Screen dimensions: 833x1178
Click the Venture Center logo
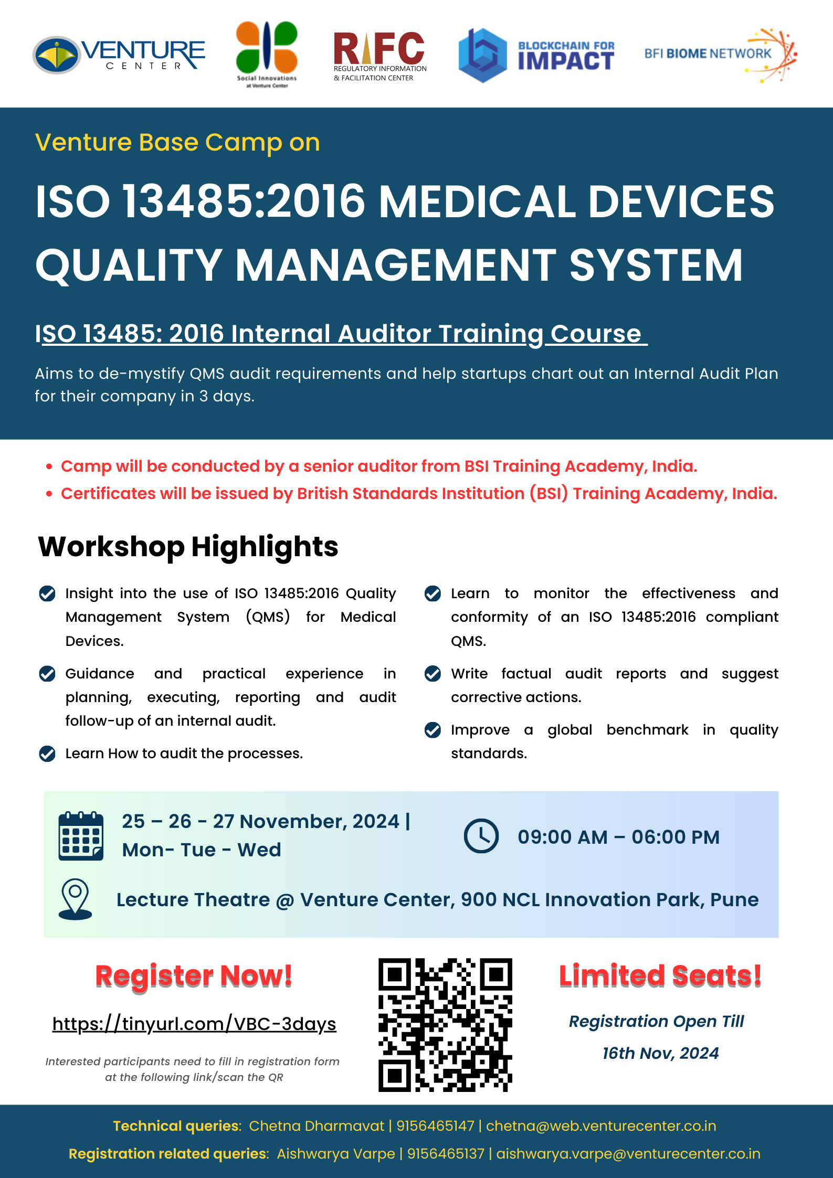119,55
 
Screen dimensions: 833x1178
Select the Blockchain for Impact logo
536,56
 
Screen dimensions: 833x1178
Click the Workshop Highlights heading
188,546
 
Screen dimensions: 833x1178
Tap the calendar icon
81,835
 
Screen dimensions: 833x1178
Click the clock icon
481,836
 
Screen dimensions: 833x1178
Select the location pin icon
76,899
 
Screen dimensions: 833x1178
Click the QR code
445,1025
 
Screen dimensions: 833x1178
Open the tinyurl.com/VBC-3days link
194,1024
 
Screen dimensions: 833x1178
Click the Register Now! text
194,977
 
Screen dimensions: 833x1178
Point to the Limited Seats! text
660,976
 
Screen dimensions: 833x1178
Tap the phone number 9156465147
435,1126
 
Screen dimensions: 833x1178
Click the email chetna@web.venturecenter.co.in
601,1126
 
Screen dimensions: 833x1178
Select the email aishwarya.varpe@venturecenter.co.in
628,1154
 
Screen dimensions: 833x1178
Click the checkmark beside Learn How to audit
47,754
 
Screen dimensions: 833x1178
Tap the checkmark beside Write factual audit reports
433,673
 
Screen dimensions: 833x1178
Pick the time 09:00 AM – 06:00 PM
619,837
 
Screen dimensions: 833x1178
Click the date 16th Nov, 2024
660,1053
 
